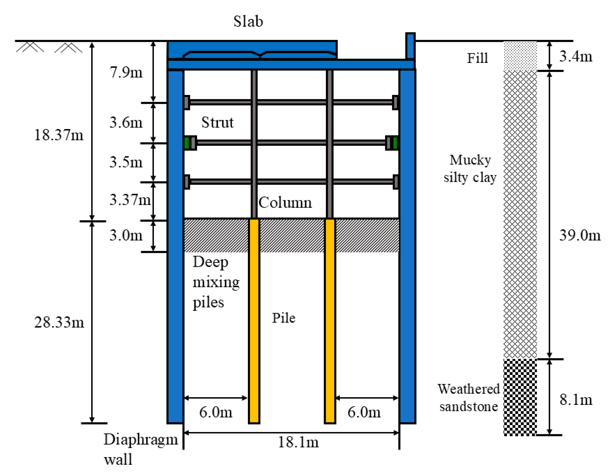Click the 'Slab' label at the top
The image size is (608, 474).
pos(248,21)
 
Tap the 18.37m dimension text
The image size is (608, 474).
pos(59,135)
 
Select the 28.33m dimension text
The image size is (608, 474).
pos(59,322)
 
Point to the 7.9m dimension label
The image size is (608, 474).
pos(126,72)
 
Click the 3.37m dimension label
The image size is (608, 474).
pos(130,200)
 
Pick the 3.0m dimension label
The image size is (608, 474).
pos(126,235)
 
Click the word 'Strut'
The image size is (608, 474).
pos(217,123)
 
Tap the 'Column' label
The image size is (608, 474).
pos(285,203)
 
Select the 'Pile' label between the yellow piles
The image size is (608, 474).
pos(283,318)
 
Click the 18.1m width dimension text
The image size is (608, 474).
pos(298,442)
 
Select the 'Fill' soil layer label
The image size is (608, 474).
pos(477,58)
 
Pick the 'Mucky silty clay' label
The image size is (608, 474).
pos(470,169)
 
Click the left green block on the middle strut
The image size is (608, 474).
pos(187,143)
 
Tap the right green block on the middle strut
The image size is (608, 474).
pos(395,143)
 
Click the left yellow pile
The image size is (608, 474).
pos(254,321)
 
